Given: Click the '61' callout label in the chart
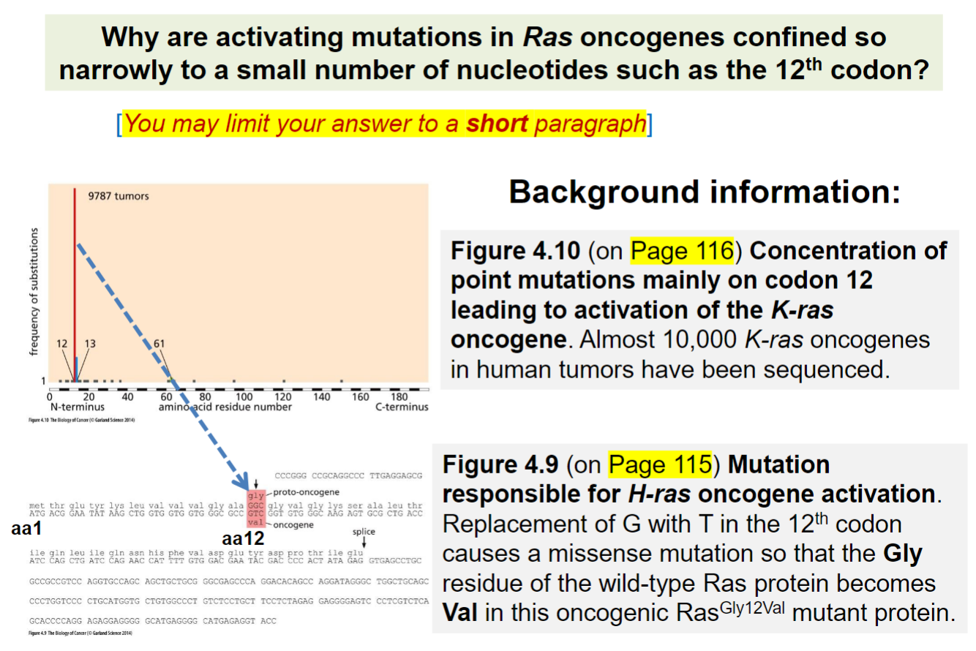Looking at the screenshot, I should point(159,343).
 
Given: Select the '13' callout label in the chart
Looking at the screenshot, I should point(90,343).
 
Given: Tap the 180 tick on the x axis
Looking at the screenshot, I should point(399,397).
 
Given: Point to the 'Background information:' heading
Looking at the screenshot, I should point(705,192).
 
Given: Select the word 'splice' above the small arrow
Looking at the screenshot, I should point(364,533).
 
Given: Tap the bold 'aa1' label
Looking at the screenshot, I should point(26,528).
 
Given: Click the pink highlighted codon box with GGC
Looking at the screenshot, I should point(255,505).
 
